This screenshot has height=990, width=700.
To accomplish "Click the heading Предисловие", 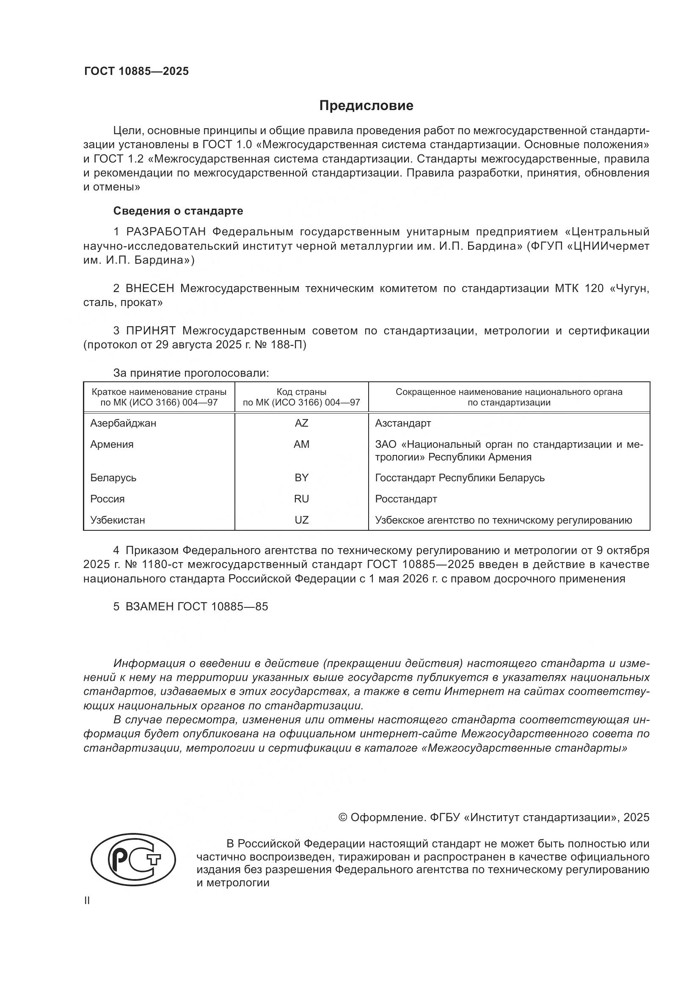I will click(366, 106).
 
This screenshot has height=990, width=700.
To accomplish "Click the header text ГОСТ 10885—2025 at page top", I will click(136, 71).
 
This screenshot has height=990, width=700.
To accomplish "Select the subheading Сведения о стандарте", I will click(178, 211).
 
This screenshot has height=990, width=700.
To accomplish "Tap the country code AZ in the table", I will click(301, 423).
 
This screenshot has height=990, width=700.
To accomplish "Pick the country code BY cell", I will click(301, 478).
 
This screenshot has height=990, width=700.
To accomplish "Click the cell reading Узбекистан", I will click(117, 520).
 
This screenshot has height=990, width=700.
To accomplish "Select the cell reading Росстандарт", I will click(405, 499).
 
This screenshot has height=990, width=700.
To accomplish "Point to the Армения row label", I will click(112, 444).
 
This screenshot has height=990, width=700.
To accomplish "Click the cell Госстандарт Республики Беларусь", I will click(460, 478).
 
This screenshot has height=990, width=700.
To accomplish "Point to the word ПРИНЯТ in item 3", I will click(151, 331).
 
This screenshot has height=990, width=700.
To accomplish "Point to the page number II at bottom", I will click(87, 900).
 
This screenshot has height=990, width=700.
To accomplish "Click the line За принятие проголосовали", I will click(191, 373).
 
